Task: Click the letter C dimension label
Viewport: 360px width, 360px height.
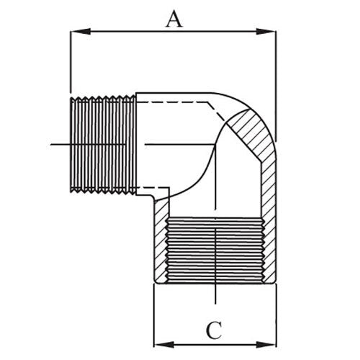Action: pyautogui.click(x=213, y=330)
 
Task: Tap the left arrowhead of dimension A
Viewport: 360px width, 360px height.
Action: pyautogui.click(x=75, y=31)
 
